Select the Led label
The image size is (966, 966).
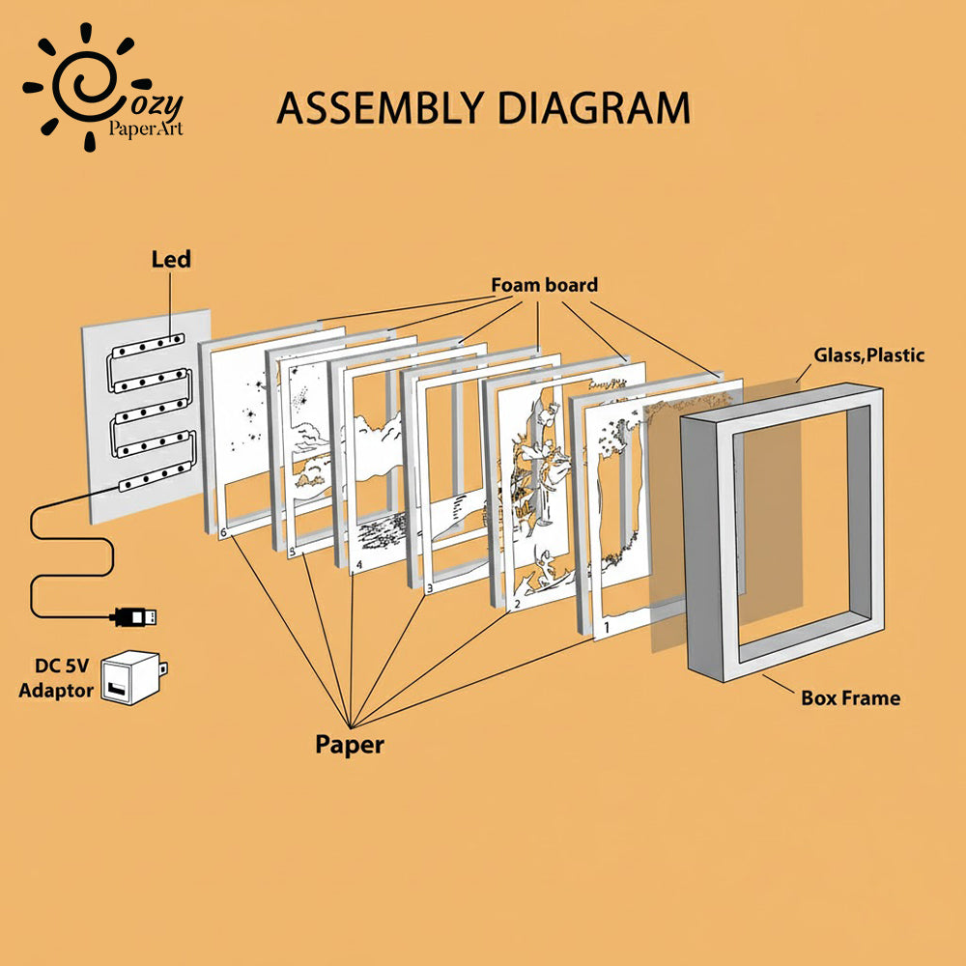click(171, 259)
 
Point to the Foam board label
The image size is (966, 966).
click(544, 285)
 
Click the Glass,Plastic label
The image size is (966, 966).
click(868, 355)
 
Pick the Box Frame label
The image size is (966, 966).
click(850, 696)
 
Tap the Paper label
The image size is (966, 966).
click(349, 744)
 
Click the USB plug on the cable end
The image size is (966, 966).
click(135, 615)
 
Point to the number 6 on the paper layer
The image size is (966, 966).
click(223, 532)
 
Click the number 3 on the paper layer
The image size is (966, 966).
click(429, 586)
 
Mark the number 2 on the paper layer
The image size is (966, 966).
click(517, 605)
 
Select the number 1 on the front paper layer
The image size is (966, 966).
click(606, 628)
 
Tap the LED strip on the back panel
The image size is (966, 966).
click(145, 415)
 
